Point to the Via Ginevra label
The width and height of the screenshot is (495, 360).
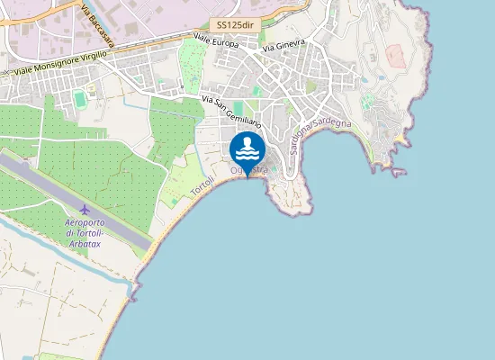[285, 43]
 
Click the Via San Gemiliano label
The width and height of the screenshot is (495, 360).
[231, 111]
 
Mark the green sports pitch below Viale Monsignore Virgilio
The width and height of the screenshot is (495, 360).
[80, 97]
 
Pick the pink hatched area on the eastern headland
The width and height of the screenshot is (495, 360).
[397, 55]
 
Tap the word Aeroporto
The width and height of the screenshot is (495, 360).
[85, 222]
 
